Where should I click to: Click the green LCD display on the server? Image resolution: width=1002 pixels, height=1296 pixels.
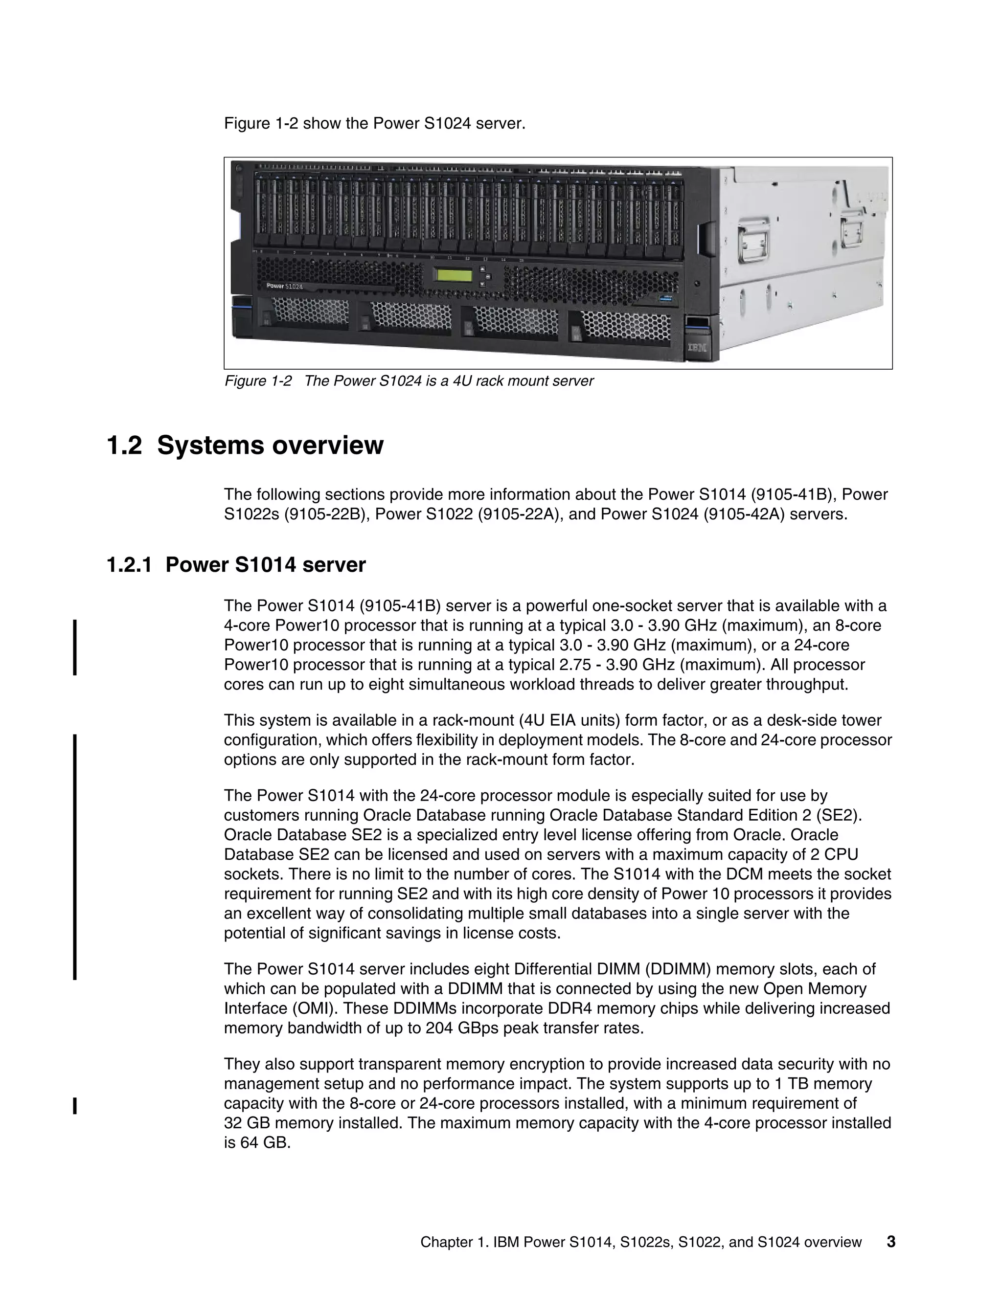pyautogui.click(x=454, y=275)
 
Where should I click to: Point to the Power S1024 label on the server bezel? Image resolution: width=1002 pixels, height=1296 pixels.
pyautogui.click(x=284, y=286)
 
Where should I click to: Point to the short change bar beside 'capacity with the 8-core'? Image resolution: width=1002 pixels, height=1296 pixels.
pyautogui.click(x=75, y=1106)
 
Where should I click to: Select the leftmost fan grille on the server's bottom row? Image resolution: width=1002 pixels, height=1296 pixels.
pyautogui.click(x=309, y=312)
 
